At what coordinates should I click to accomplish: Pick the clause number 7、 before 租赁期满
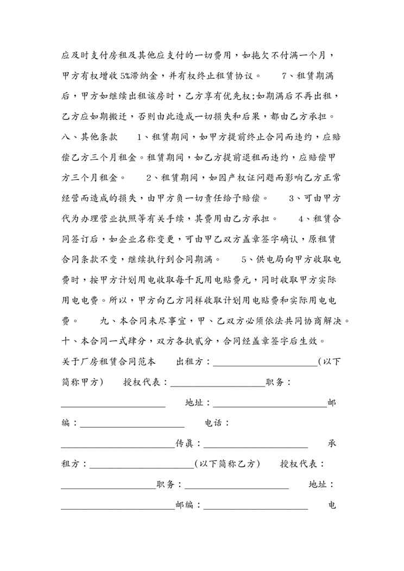tap(288, 76)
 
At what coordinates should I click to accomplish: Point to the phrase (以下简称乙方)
tap(228, 464)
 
